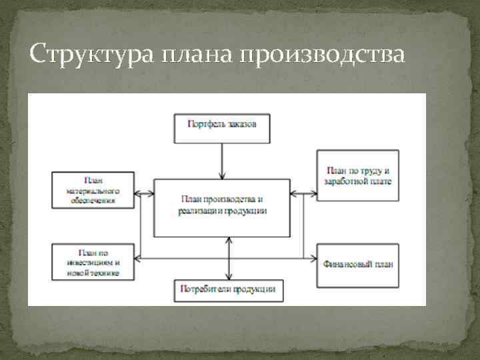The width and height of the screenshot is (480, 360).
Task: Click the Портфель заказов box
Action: tap(222, 127)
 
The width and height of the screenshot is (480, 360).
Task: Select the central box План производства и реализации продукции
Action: tap(222, 207)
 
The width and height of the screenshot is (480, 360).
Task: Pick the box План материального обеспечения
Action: tap(93, 190)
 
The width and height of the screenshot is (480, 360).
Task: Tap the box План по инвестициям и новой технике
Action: tap(93, 261)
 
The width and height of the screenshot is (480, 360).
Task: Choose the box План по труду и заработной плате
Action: tap(357, 175)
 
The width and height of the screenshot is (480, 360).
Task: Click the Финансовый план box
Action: tap(357, 262)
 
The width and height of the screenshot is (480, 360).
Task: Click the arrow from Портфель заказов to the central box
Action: tap(222, 161)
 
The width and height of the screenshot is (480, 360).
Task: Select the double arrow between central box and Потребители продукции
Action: tap(229, 258)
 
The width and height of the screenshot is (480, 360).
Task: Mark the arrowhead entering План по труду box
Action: tap(313, 193)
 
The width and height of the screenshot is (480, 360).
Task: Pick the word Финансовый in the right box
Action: tap(345, 263)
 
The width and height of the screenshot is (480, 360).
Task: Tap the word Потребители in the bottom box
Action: tap(206, 290)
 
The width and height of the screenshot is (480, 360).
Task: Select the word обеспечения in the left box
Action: tap(93, 199)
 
